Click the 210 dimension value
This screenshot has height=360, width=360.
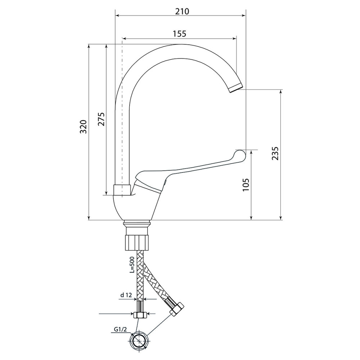182,11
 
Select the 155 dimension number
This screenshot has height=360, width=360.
179,34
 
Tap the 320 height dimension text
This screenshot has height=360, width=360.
83,126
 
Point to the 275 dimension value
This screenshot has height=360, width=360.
101,119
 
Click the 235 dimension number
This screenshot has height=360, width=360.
275,153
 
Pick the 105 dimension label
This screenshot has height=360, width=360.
246,185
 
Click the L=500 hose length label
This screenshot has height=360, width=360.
132,265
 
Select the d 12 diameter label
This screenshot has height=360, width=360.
126,295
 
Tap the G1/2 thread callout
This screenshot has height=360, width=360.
120,330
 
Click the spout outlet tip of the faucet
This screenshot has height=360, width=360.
236,88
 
